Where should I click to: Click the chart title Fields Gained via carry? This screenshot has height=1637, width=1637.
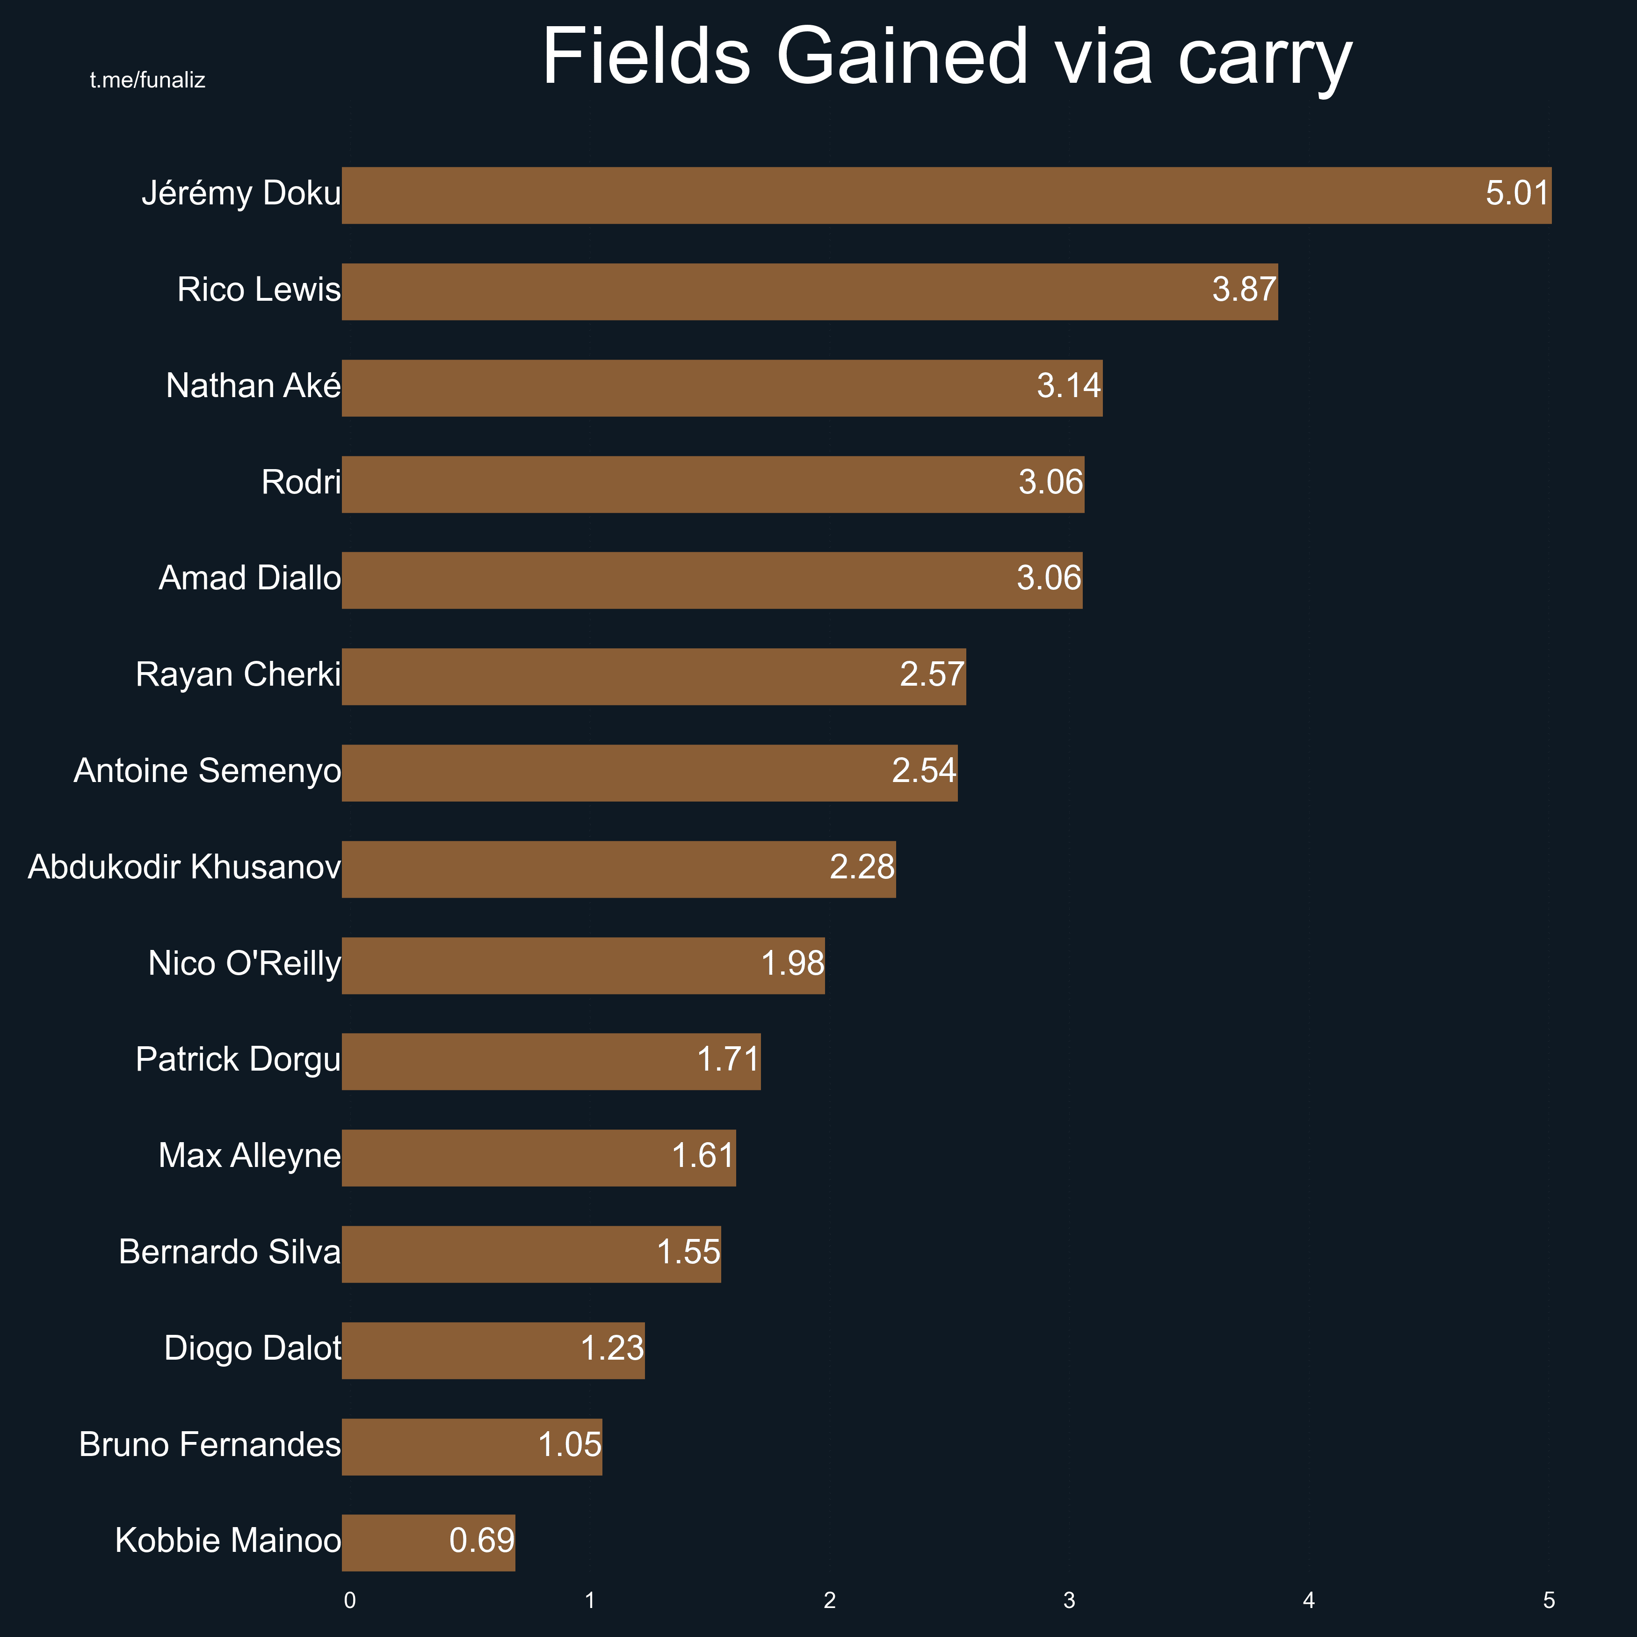[947, 58]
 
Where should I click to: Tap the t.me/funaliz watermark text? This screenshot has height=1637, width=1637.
[147, 80]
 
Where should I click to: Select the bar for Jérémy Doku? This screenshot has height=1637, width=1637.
[947, 196]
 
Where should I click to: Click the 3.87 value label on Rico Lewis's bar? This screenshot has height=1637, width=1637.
[1243, 290]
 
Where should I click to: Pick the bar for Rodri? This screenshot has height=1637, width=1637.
[713, 484]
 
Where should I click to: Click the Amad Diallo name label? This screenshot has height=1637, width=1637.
[250, 579]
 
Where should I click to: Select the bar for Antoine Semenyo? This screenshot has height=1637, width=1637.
[649, 773]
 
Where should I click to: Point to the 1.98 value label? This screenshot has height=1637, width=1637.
[792, 963]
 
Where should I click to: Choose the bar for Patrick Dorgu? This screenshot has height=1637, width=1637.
[551, 1061]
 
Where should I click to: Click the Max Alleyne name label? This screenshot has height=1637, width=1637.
[250, 1156]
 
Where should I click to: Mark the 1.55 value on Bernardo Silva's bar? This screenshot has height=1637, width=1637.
[688, 1253]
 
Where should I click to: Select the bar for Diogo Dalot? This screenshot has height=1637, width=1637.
[493, 1350]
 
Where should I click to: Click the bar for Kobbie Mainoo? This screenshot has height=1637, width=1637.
[428, 1542]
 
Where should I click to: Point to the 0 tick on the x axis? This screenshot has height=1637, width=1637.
[350, 1601]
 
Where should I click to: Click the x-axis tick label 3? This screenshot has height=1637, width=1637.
[1069, 1601]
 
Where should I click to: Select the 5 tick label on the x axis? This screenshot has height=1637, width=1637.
[1549, 1601]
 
